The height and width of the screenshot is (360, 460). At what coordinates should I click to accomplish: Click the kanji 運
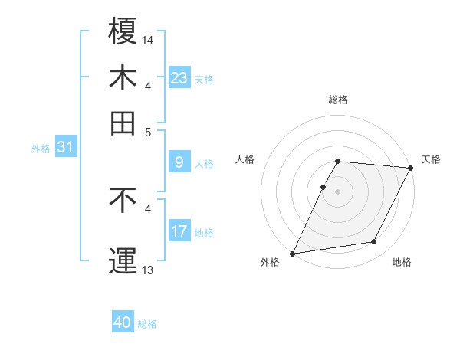coord(123,260)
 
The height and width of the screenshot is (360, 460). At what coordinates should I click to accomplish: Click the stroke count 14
coord(148,39)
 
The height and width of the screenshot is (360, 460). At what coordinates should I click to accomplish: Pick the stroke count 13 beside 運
coord(148,269)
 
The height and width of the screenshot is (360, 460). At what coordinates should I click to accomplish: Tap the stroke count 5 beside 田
coord(148,131)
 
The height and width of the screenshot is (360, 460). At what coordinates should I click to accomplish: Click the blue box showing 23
coord(179,78)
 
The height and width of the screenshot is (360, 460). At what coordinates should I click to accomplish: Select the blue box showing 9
coord(179,162)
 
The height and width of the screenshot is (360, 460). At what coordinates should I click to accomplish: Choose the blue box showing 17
coord(179,231)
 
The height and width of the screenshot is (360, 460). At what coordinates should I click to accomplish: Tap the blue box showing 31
coord(64,148)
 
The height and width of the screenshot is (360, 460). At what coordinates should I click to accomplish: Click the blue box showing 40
coord(122,322)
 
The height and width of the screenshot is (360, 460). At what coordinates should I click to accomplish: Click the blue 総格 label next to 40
coord(147,324)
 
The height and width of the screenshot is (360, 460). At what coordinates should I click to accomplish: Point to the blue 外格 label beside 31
coord(41,149)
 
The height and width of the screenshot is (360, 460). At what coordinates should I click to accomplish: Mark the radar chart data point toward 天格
coord(410,169)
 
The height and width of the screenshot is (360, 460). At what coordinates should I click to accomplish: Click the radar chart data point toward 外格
coord(293,253)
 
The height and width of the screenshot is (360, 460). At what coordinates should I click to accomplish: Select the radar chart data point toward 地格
coord(374,242)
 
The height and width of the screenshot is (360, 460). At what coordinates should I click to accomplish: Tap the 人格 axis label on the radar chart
coord(245,159)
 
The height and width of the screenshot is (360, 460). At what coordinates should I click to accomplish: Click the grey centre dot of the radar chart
coord(338,191)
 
